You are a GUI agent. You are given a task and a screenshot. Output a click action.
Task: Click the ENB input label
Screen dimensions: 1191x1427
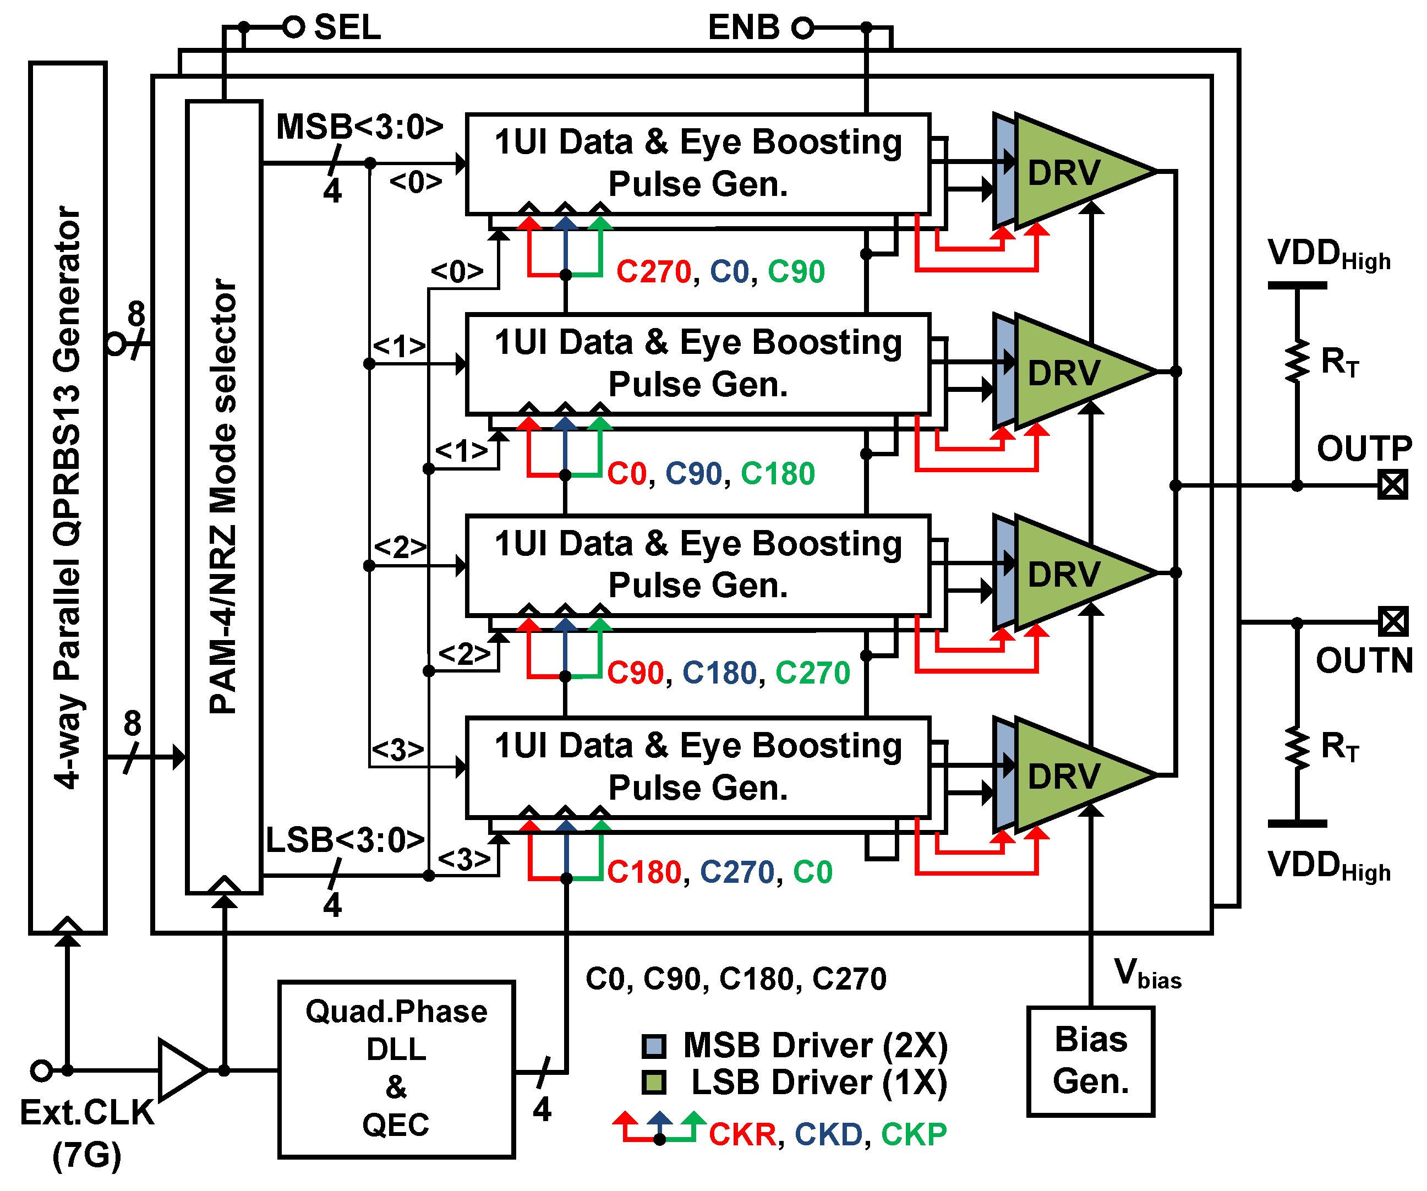(x=743, y=28)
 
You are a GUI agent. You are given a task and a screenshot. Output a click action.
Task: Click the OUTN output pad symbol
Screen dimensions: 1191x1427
(x=1392, y=622)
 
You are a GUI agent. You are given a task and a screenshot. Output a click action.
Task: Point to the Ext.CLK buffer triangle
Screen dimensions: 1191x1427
(x=180, y=1069)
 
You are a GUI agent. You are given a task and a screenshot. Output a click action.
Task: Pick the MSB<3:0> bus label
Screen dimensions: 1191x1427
(x=359, y=127)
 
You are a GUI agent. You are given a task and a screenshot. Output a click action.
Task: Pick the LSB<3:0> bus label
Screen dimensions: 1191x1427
(x=345, y=840)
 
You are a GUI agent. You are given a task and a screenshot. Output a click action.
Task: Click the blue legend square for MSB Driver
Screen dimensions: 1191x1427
(x=654, y=1046)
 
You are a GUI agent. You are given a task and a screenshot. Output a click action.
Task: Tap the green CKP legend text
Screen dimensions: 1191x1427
(x=914, y=1134)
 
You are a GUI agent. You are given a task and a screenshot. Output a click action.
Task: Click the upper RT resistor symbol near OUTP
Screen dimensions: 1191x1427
(x=1297, y=362)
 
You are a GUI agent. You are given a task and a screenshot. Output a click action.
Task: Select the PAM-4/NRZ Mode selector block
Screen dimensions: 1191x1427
(x=223, y=496)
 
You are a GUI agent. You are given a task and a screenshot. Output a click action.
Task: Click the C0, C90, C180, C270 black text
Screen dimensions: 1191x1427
(x=735, y=979)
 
